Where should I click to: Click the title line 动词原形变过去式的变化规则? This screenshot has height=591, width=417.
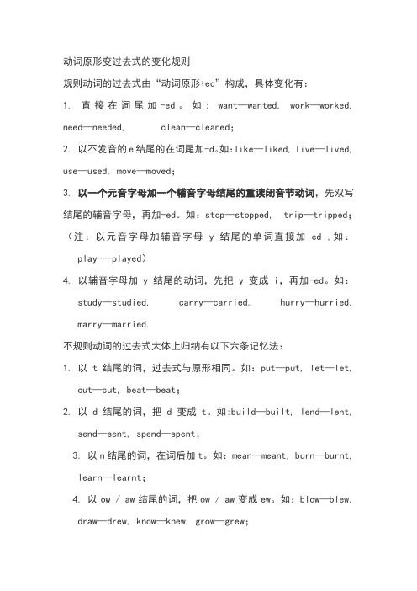[x=126, y=61]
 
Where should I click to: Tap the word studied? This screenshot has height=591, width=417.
[x=133, y=301]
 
